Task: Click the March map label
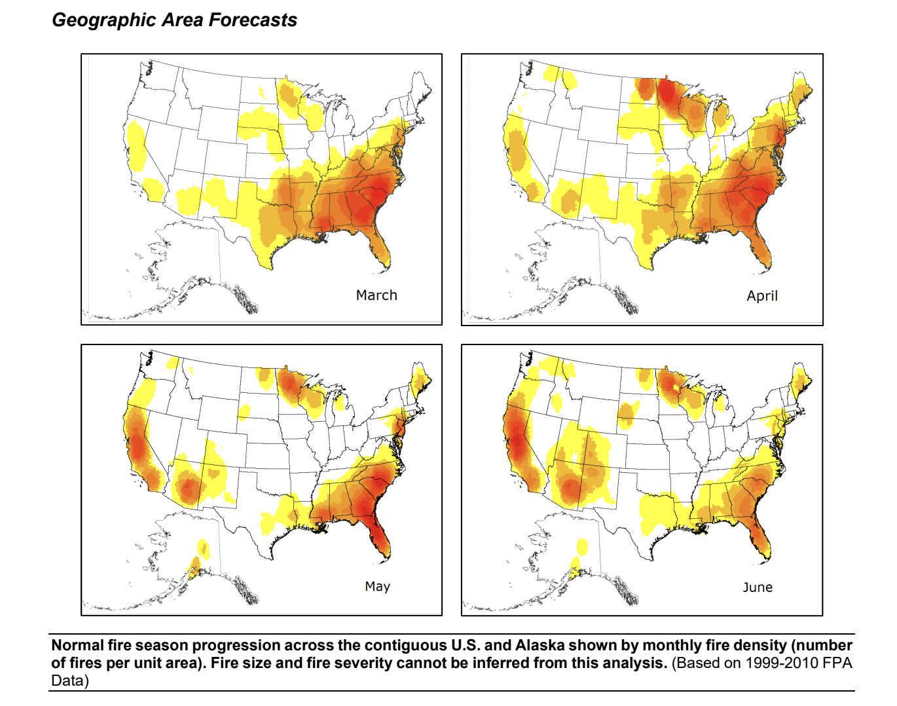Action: point(376,295)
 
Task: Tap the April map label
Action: point(762,296)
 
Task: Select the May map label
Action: point(377,586)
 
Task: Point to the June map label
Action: point(758,587)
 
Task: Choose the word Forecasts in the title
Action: point(253,20)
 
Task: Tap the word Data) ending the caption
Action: point(70,680)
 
